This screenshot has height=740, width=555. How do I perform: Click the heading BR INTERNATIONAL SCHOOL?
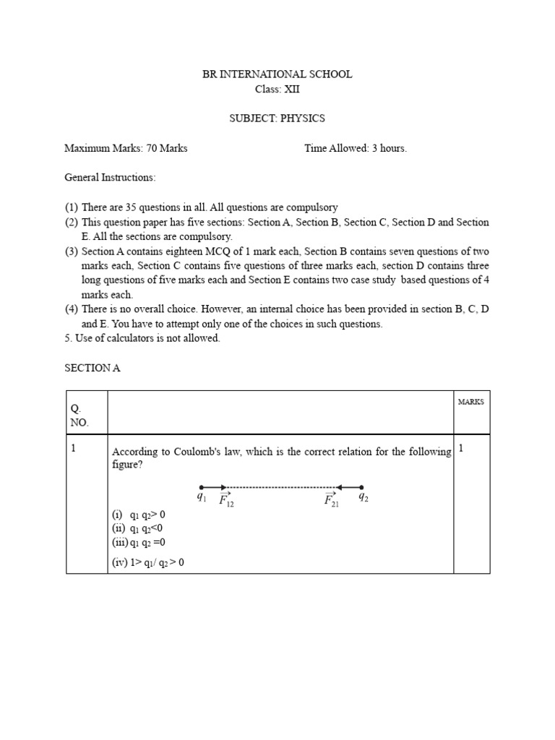coord(277,74)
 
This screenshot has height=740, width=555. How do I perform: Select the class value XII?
coord(291,90)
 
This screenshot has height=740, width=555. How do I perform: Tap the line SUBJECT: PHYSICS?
coord(277,119)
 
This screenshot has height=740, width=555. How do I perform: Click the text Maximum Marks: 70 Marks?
coord(126,148)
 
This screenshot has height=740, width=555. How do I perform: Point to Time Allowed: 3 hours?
coord(356,148)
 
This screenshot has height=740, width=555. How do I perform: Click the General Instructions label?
coord(110,177)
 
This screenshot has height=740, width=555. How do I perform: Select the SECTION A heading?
coord(92,368)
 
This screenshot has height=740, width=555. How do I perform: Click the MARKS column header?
coord(471,402)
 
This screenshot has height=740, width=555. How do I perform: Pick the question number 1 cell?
coord(73,448)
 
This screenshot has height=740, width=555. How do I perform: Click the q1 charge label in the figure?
coord(201,496)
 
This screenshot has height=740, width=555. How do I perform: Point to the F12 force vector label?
coord(226,499)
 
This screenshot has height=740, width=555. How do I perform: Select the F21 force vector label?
coord(332,499)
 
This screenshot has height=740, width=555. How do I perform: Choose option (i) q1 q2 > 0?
coord(139,515)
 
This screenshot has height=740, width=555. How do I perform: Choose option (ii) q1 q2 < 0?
coord(137,528)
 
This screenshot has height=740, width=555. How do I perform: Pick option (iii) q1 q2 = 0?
coord(139,542)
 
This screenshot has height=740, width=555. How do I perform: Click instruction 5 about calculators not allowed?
coord(142,338)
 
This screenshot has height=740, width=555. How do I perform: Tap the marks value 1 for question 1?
coord(461,448)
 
